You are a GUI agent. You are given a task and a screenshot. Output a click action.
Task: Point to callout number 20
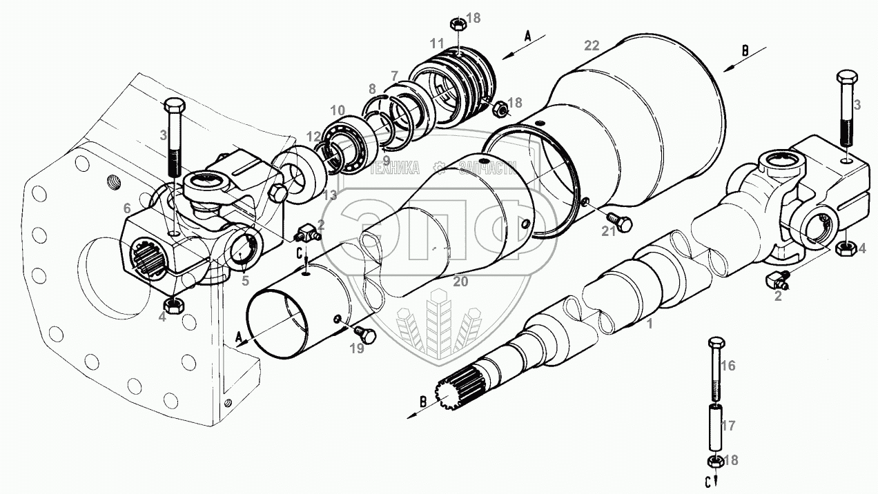coord(460,281)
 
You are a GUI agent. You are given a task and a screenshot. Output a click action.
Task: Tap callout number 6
coord(126,208)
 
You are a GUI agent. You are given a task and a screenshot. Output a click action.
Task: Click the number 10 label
coord(338,110)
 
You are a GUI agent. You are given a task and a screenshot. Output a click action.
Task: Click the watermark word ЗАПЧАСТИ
coord(487,168)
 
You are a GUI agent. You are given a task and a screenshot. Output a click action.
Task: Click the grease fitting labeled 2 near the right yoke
coord(777,279)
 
